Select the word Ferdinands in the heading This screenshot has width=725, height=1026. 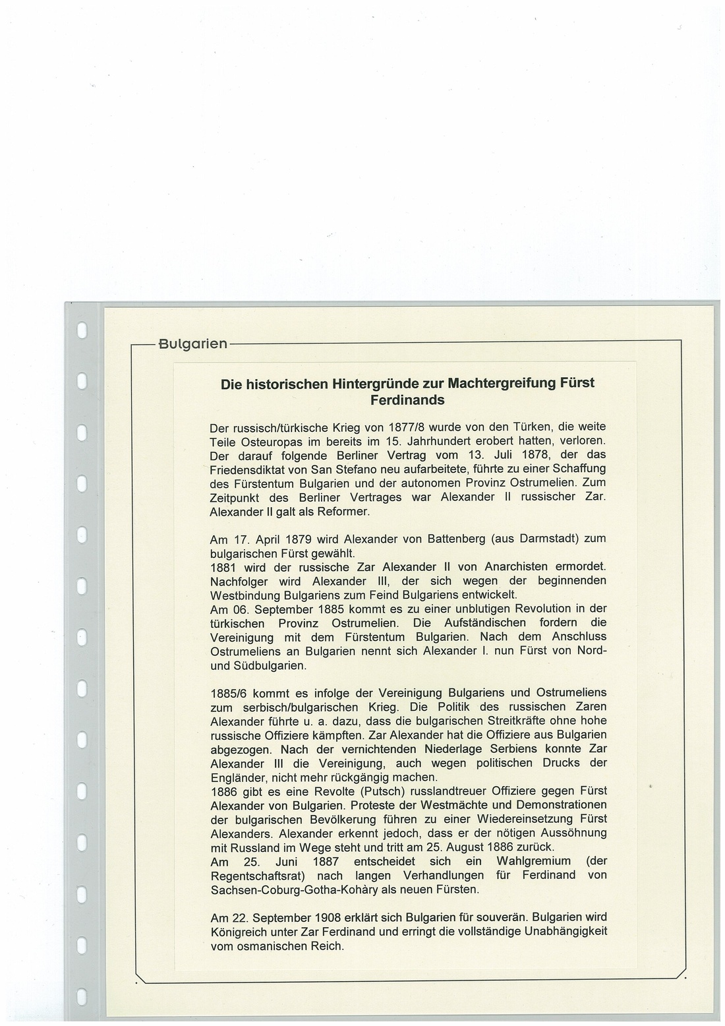(407, 400)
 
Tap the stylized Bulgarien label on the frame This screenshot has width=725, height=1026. (192, 344)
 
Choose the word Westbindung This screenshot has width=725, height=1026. (244, 595)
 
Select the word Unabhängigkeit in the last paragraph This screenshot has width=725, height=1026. (565, 932)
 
